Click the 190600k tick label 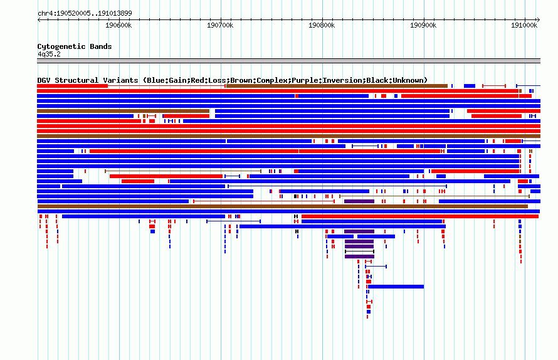click(118, 25)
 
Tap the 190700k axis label click(220, 25)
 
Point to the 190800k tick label click(322, 25)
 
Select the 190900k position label click(423, 25)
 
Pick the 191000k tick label click(524, 25)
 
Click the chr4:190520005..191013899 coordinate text click(85, 14)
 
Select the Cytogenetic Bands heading click(75, 46)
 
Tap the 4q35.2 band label click(49, 54)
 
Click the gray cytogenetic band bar click(288, 61)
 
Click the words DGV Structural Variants click(88, 80)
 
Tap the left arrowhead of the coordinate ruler click(38, 20)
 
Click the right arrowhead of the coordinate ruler click(539, 20)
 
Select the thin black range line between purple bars click(359, 251)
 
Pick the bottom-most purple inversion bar click(359, 257)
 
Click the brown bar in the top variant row click(337, 86)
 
